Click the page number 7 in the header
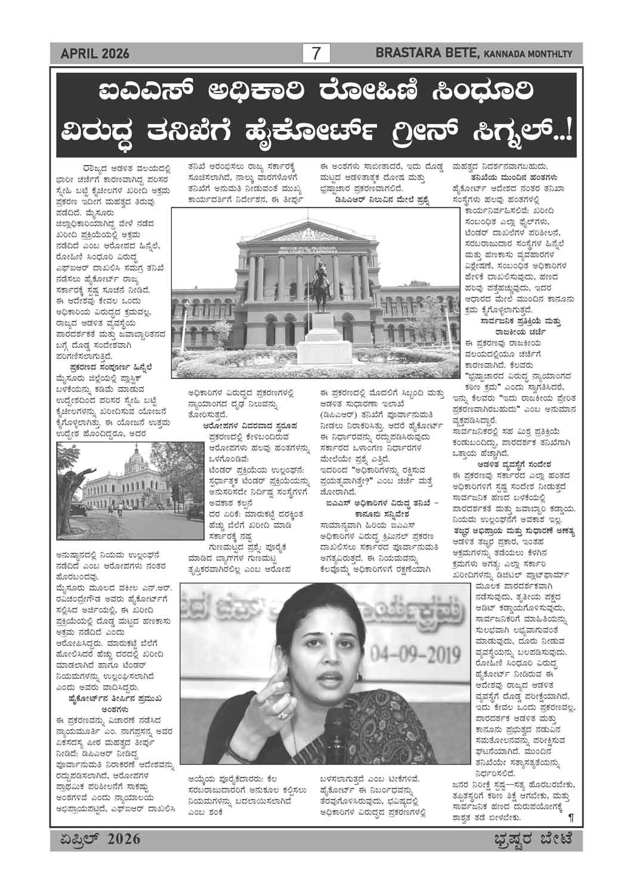[316, 54]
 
